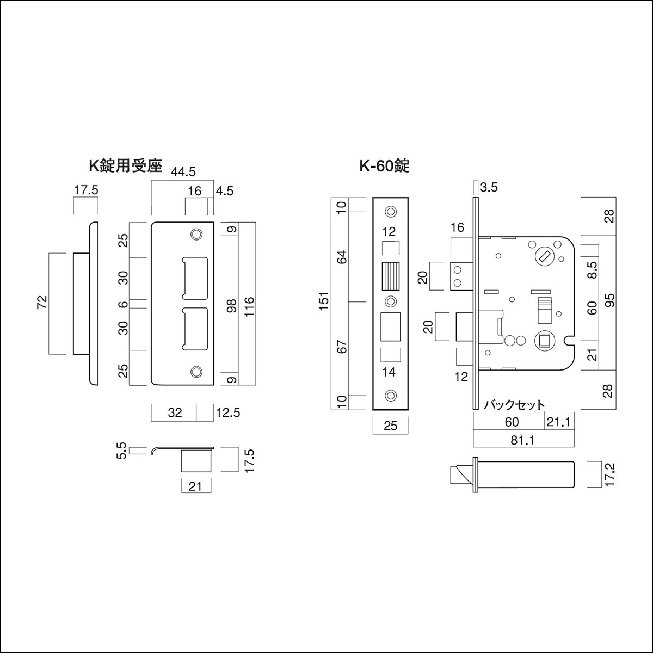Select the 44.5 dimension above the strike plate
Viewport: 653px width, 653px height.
point(183,172)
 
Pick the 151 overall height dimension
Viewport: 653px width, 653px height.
point(323,303)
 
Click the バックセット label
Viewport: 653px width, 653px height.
point(514,405)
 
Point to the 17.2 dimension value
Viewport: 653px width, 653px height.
point(609,475)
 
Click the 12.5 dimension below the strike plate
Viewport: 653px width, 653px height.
point(227,412)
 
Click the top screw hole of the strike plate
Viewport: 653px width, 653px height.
point(195,234)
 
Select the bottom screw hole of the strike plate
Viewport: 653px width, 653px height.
point(195,372)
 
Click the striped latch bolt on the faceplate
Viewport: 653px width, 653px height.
point(390,277)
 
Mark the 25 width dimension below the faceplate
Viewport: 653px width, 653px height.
point(390,426)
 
